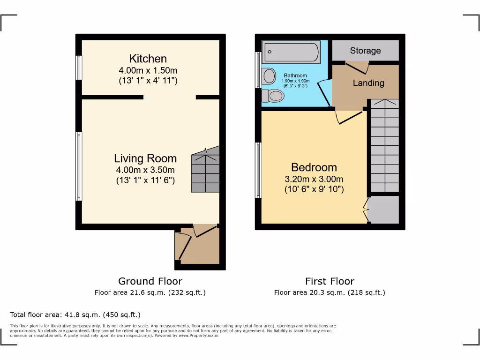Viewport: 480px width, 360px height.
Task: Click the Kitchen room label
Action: [148, 59]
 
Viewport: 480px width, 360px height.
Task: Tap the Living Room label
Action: [145, 158]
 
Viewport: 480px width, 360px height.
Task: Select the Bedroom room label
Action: [314, 167]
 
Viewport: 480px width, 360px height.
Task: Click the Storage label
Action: [365, 51]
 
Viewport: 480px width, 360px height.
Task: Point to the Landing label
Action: [368, 83]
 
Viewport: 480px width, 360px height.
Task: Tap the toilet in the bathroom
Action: [273, 96]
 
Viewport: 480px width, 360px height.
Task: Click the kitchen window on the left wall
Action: [79, 68]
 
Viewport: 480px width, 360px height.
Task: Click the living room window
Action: [79, 166]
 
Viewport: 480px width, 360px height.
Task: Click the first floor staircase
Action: [385, 145]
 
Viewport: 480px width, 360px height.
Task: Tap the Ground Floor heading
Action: [150, 281]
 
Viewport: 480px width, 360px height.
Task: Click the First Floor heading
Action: [330, 281]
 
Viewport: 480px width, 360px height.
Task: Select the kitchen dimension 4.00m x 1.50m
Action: [148, 70]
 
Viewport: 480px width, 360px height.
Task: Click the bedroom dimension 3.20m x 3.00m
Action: [314, 179]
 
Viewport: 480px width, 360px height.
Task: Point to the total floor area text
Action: [75, 315]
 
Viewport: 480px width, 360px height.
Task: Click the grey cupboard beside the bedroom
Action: [384, 209]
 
